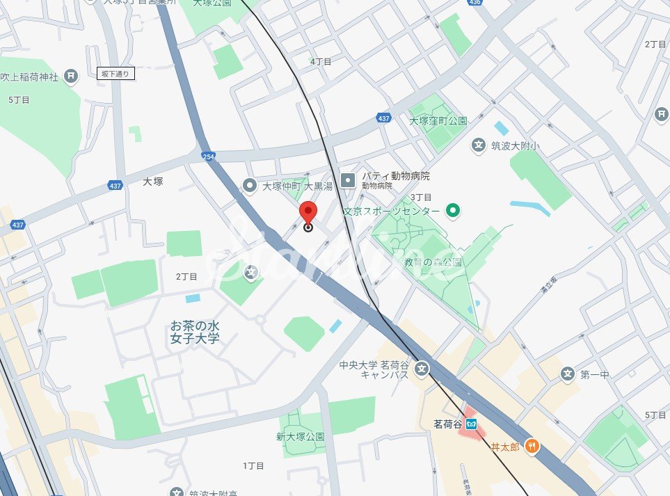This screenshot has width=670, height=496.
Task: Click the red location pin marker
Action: pyautogui.click(x=308, y=213)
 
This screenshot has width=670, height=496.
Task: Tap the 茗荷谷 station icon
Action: pyautogui.click(x=472, y=424)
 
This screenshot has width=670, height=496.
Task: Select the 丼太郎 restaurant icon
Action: pyautogui.click(x=532, y=447)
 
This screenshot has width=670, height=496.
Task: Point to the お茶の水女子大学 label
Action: pyautogui.click(x=195, y=332)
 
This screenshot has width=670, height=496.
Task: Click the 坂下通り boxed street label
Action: pyautogui.click(x=115, y=73)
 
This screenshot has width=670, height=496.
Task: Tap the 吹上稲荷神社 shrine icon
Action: pyautogui.click(x=70, y=76)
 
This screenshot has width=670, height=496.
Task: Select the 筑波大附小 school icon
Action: pyautogui.click(x=479, y=145)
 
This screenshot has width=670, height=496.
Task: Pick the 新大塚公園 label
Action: pyautogui.click(x=300, y=437)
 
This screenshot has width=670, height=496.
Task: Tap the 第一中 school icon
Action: pyautogui.click(x=568, y=374)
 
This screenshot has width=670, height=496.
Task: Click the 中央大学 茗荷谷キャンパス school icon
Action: pyautogui.click(x=422, y=369)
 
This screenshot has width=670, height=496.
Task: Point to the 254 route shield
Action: pyautogui.click(x=207, y=157)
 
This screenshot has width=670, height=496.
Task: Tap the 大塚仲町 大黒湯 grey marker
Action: pyautogui.click(x=250, y=185)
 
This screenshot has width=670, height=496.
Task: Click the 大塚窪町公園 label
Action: pyautogui.click(x=438, y=120)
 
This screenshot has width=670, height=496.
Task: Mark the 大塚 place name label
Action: pyautogui.click(x=152, y=181)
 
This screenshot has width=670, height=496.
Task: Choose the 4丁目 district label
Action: pyautogui.click(x=321, y=61)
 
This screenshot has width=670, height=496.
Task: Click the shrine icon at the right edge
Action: pyautogui.click(x=661, y=115)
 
